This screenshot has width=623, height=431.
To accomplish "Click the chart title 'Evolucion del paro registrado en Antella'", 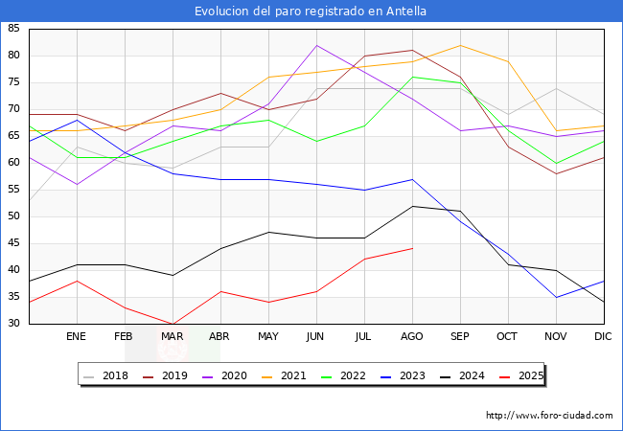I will tap(311, 11).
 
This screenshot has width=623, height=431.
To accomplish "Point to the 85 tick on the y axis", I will tap(13, 29).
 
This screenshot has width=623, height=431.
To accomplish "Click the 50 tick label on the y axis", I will tap(13, 216).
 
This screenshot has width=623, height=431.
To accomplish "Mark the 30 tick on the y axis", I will tap(13, 324).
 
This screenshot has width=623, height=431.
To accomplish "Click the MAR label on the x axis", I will tap(173, 337).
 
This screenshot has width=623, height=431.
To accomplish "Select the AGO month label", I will tap(412, 337).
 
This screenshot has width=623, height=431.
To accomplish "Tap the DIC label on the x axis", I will tap(604, 337).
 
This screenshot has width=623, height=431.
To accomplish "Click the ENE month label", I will tap(77, 337).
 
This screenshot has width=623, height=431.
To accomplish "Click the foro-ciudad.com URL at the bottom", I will tap(549, 416).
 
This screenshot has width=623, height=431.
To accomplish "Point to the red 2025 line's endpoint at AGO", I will tap(412, 249).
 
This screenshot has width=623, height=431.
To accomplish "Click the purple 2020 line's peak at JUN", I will tap(316, 45).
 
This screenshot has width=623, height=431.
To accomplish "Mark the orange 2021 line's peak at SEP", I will tap(460, 45).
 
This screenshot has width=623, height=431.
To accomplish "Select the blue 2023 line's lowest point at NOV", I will tap(556, 297).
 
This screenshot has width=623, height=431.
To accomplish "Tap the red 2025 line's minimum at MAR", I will tap(173, 324).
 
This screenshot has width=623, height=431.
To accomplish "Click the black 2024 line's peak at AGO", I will tap(412, 206).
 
